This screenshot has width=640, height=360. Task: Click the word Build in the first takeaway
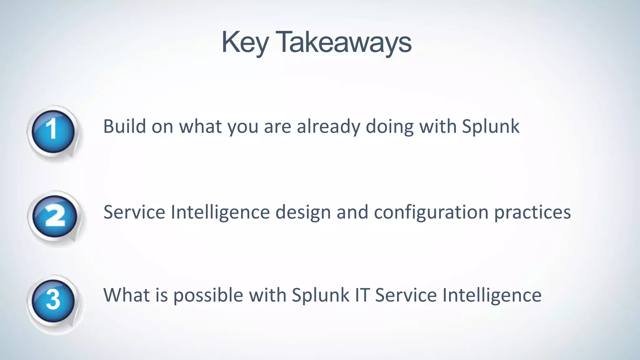124,127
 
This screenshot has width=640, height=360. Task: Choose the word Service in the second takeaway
134,212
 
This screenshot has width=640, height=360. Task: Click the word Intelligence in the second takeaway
220,212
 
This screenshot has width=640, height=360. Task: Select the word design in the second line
303,212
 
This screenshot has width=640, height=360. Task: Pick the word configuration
431,212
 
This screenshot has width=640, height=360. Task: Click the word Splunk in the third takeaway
320,295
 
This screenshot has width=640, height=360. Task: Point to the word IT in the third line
362,295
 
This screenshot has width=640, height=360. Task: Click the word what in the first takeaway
200,127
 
